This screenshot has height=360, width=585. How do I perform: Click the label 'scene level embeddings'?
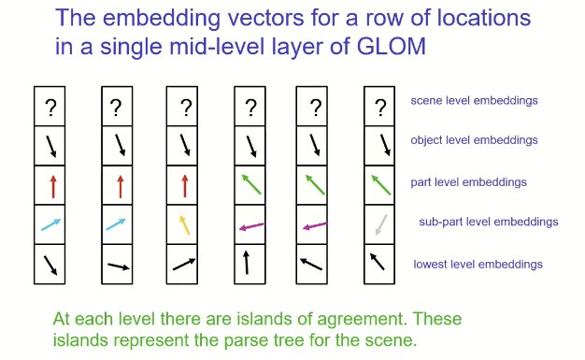point(474,100)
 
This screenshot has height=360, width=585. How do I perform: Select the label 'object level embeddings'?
point(474,140)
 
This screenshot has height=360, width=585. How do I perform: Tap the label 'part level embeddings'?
point(468,181)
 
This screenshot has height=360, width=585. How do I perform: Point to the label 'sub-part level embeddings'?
point(489,222)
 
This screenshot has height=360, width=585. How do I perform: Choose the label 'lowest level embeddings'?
point(478,264)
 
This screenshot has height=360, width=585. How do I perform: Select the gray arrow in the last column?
point(378,224)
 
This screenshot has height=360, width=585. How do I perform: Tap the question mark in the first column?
point(50,108)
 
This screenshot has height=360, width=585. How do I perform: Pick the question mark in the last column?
point(379,108)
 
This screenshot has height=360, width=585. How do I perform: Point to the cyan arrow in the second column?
point(116,224)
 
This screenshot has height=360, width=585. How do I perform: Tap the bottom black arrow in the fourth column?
point(248,262)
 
